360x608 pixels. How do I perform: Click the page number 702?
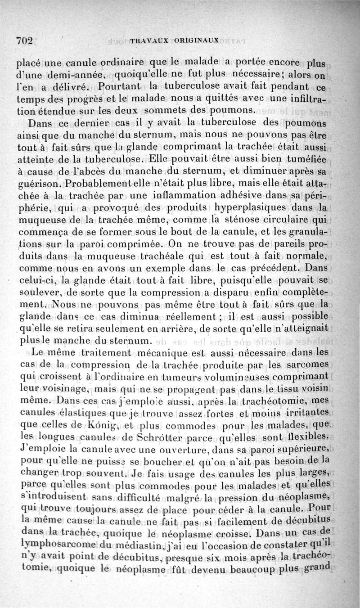click(25, 40)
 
